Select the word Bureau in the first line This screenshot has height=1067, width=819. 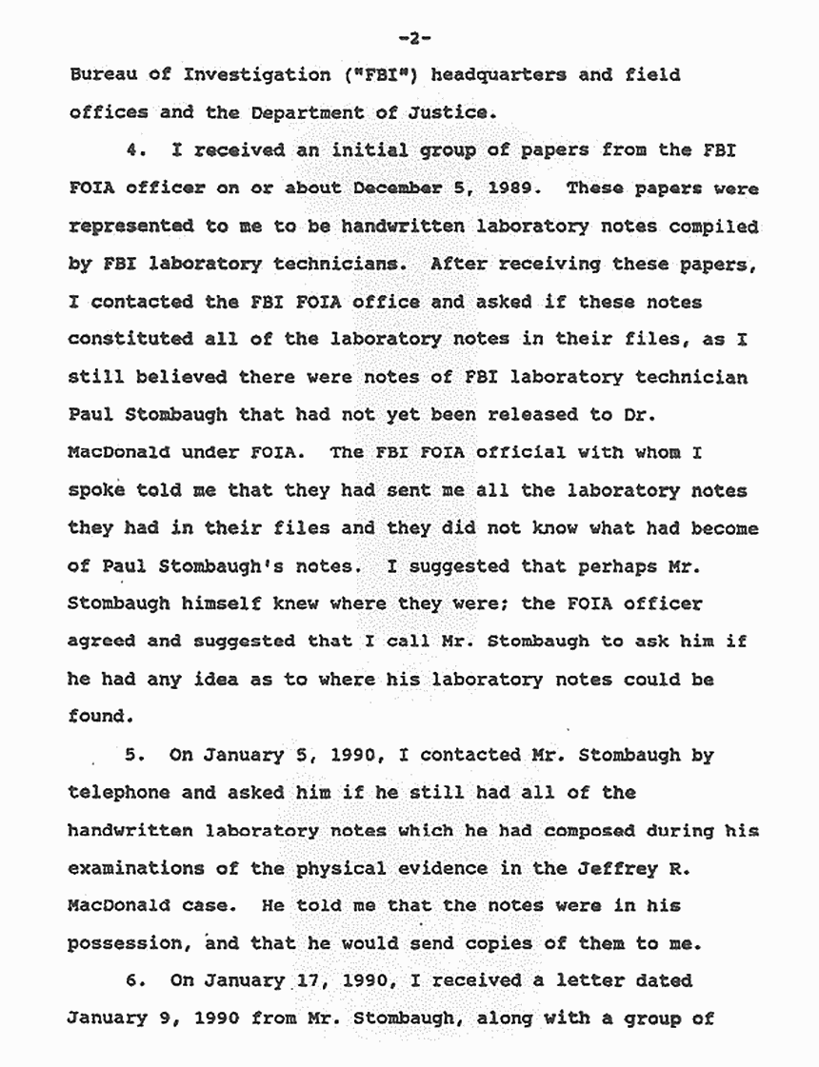[x=102, y=74]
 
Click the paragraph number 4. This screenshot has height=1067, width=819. [x=134, y=150]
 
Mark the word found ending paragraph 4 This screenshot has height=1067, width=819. [x=96, y=717]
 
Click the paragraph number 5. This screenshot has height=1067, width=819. [x=134, y=755]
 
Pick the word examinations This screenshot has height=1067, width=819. [x=130, y=867]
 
